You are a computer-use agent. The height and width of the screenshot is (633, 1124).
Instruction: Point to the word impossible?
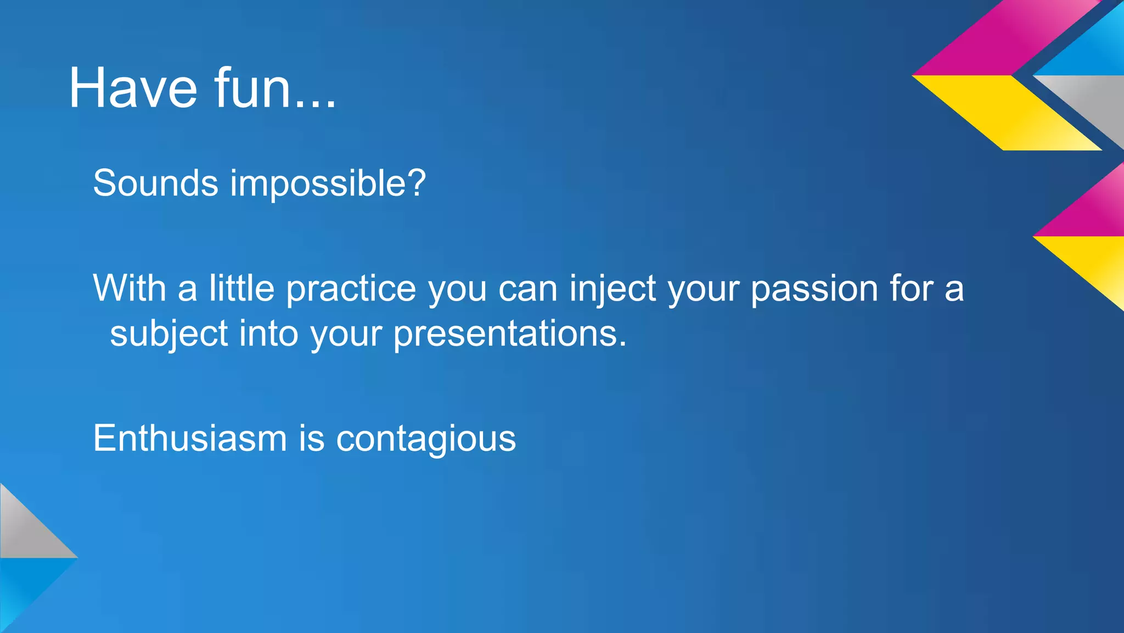[328, 184]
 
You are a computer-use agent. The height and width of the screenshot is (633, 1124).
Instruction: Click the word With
[129, 288]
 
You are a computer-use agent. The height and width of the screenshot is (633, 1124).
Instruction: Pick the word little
[241, 288]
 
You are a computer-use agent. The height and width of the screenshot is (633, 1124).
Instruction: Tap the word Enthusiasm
[190, 438]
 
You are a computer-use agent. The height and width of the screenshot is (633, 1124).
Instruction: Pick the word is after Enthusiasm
[311, 438]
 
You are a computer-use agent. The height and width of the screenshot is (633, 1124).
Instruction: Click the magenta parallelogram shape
[1004, 38]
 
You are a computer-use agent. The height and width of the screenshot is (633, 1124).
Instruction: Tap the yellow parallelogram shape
[1008, 112]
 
